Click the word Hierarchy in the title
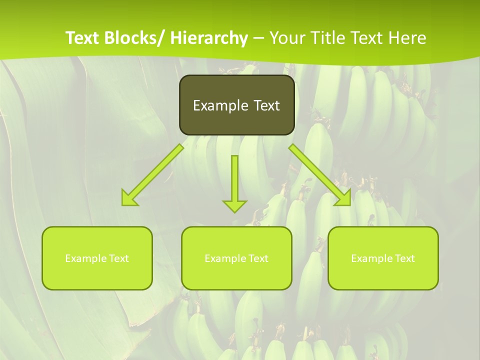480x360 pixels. tap(209, 38)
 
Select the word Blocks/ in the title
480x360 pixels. tap(134, 38)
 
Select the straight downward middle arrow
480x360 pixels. tap(234, 180)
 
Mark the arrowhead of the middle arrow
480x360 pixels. tap(234, 205)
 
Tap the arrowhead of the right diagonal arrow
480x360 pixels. tap(344, 198)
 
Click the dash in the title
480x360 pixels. tap(258, 38)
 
